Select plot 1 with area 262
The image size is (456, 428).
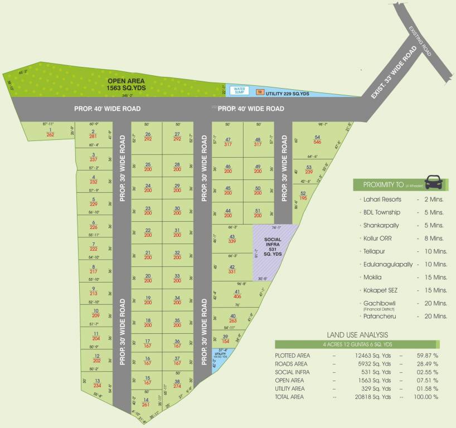click(x=50, y=132)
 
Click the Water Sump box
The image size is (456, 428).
click(x=240, y=90)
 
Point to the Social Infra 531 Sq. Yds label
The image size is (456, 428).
click(x=274, y=246)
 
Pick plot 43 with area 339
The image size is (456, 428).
click(x=232, y=239)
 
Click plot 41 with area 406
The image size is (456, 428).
click(x=237, y=294)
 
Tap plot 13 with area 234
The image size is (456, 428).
click(x=97, y=383)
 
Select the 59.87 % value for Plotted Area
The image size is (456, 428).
click(x=426, y=355)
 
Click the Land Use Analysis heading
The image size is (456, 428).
click(x=357, y=334)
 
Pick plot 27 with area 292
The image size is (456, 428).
click(x=177, y=137)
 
